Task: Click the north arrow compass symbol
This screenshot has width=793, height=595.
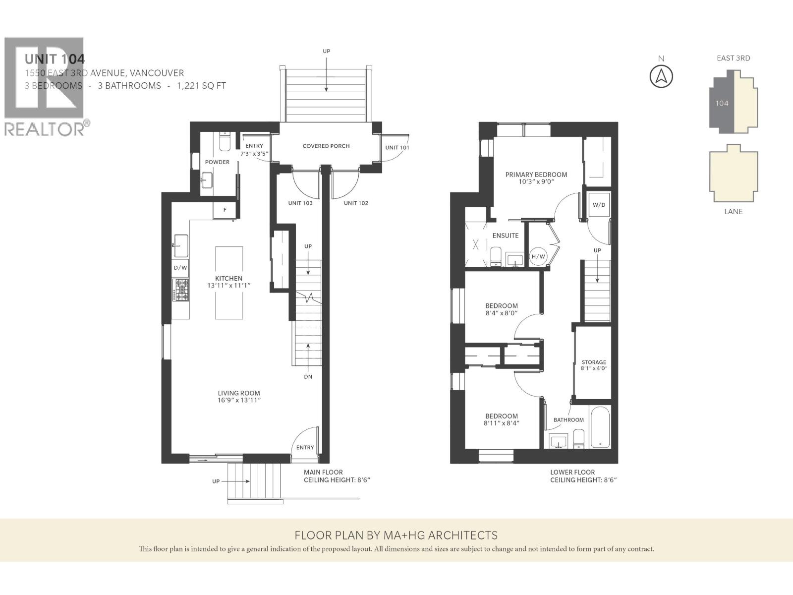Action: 661,76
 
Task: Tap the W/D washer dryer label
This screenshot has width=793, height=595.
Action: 599,205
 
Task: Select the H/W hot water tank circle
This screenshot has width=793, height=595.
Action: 538,256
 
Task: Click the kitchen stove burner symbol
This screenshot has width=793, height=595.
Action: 180,290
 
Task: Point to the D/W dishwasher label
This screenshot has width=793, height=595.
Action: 180,268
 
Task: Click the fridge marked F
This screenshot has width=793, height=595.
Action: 225,210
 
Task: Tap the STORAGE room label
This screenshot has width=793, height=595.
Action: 594,362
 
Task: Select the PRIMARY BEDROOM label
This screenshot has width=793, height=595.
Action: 536,175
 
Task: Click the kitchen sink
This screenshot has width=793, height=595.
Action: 180,245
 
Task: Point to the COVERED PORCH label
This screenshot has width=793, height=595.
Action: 326,146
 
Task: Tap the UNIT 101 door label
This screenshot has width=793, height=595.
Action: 397,147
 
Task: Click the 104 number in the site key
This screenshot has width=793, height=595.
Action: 722,103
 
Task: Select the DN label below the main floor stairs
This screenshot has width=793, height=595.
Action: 308,377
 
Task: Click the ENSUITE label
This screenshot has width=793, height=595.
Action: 506,236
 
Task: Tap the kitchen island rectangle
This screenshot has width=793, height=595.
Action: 229,283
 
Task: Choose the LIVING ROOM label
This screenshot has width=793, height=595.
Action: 239,393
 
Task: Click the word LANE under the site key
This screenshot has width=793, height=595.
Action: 734,212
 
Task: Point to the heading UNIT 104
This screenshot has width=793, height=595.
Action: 55,59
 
